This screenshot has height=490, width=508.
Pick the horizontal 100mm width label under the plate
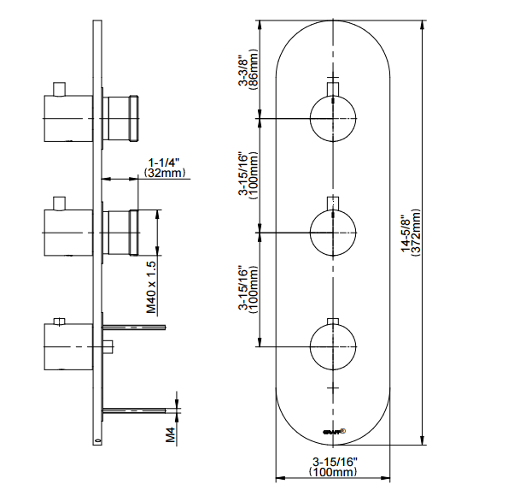pos(332,467)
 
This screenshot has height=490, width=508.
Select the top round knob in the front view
pos(332,117)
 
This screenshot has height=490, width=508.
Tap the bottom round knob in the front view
pos(332,346)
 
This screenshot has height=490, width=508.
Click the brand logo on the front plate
pos(332,432)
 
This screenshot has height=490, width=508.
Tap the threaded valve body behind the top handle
pos(120,118)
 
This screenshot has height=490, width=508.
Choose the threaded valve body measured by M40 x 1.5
pos(120,232)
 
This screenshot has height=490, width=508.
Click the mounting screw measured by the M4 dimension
pos(132,411)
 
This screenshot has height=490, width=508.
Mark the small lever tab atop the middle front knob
pos(332,202)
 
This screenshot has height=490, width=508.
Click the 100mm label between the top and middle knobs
pos(248,174)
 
